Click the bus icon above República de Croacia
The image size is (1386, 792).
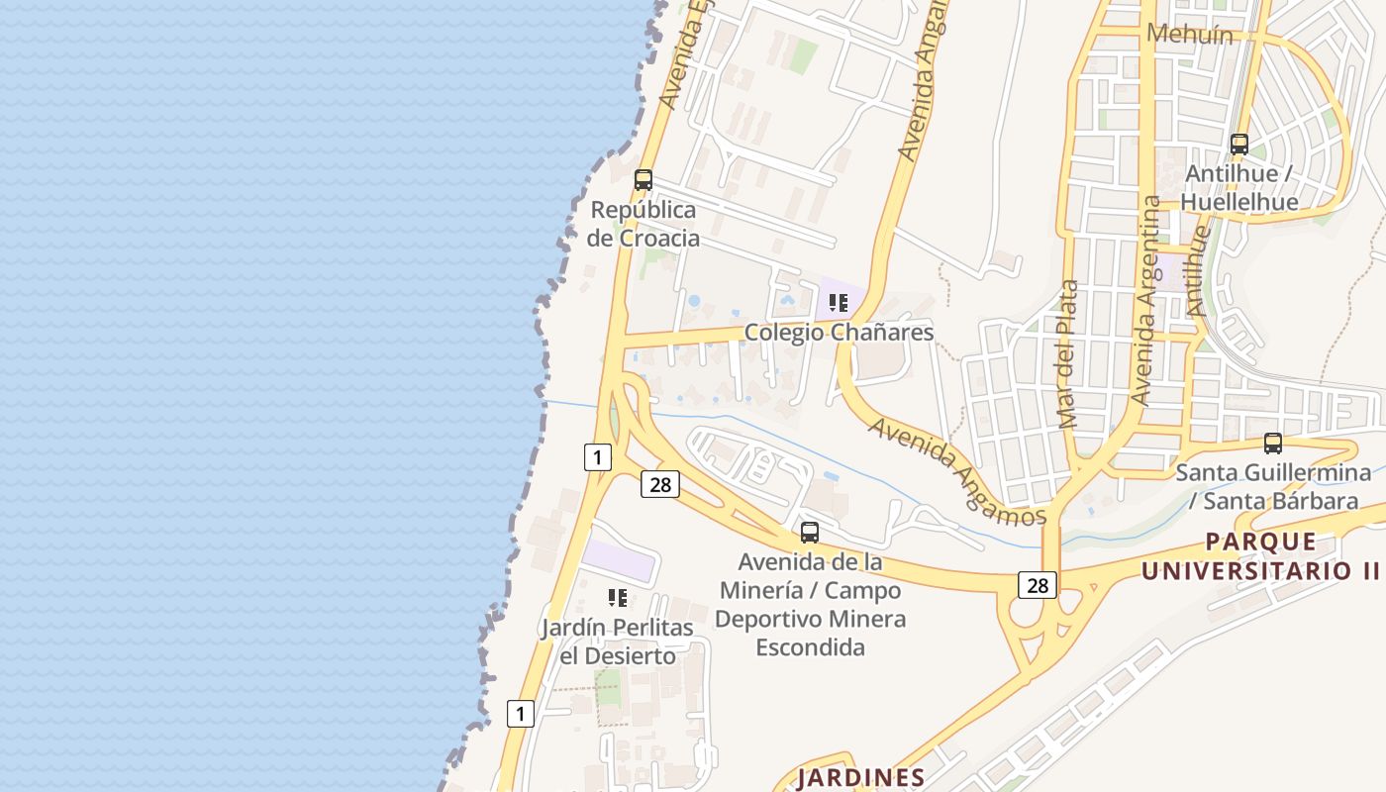click(x=643, y=180)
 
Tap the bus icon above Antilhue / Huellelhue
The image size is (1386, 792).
click(x=1238, y=145)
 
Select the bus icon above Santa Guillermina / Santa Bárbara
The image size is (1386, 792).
click(x=1273, y=444)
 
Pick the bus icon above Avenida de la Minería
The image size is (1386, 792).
click(x=810, y=533)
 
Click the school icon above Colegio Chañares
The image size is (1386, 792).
click(x=839, y=303)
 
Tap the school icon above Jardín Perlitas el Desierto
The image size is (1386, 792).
click(x=618, y=598)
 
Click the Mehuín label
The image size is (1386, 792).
click(x=1189, y=35)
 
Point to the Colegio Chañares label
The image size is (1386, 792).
click(x=839, y=332)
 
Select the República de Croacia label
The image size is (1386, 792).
click(x=643, y=224)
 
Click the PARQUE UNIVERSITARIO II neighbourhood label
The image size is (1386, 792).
click(x=1260, y=556)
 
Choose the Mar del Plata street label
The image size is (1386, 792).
click(x=1067, y=354)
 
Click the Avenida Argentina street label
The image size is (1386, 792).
click(x=1148, y=300)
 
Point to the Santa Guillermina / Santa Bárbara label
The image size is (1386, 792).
click(x=1266, y=486)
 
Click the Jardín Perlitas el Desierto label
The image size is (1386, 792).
click(x=618, y=642)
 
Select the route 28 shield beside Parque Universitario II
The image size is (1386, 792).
click(x=1037, y=585)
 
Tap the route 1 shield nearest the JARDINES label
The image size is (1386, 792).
click(x=520, y=713)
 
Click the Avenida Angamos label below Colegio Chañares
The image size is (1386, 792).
click(x=956, y=471)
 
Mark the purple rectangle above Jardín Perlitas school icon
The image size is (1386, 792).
click(x=619, y=560)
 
